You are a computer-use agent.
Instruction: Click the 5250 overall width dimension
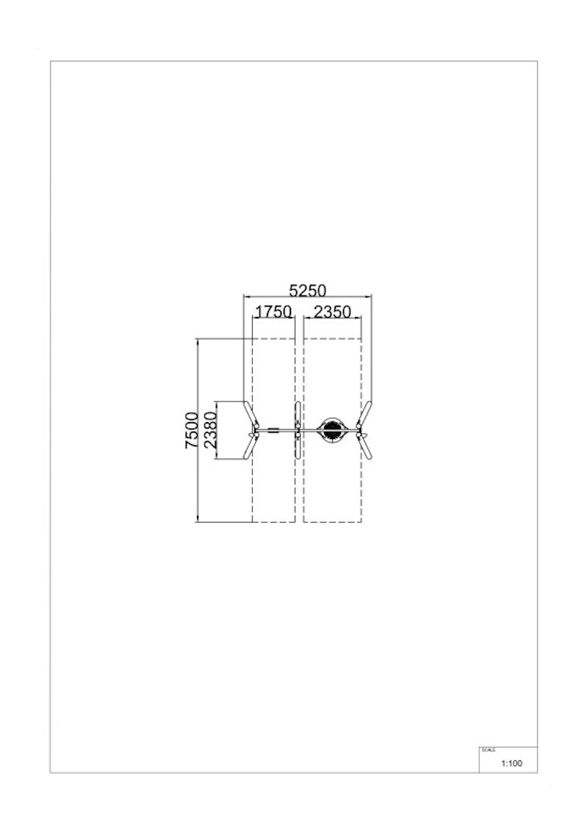(307, 290)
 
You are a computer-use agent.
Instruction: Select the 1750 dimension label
(273, 311)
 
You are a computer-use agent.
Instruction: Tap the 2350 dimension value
(332, 311)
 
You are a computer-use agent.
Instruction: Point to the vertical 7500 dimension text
(191, 430)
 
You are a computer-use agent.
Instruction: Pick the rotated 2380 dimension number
(210, 430)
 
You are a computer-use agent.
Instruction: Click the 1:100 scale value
(512, 763)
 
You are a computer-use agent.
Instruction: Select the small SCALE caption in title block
(488, 750)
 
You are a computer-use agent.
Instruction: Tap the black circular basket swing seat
(332, 430)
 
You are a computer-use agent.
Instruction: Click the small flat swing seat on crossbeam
(273, 430)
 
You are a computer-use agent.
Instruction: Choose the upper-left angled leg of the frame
(250, 414)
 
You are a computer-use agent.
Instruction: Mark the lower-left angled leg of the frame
(250, 446)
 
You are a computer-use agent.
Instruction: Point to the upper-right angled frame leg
(365, 414)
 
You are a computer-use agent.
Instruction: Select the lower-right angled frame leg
(365, 446)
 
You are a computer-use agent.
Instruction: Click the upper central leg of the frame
(298, 415)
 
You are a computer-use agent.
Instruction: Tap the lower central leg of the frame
(298, 446)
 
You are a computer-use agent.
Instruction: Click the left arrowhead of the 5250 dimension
(245, 296)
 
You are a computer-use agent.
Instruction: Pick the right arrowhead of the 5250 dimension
(370, 296)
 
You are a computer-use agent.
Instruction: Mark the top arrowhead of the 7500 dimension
(198, 340)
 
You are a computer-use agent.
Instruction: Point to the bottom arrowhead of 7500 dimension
(198, 520)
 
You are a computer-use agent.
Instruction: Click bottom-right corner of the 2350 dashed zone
(361, 522)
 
